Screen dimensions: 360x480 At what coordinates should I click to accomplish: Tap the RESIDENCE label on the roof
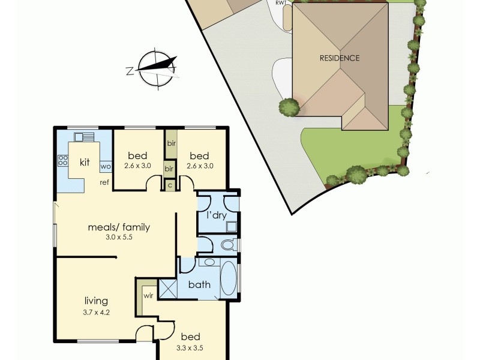click(339, 58)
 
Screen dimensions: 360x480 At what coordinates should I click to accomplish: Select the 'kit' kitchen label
click(85, 163)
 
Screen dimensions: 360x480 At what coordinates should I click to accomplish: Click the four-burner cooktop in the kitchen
click(62, 160)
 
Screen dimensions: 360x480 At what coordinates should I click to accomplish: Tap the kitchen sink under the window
click(83, 137)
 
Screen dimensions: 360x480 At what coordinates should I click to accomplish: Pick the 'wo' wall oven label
click(105, 166)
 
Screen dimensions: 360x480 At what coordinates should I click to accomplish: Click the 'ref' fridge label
click(104, 182)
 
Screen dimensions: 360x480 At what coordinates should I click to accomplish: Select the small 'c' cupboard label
click(170, 185)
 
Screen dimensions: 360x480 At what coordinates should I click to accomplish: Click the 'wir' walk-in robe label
click(148, 296)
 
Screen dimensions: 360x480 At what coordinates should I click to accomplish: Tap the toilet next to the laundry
click(229, 245)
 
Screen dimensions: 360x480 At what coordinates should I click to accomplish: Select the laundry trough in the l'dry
click(231, 226)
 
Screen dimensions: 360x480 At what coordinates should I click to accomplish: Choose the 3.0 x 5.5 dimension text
click(118, 238)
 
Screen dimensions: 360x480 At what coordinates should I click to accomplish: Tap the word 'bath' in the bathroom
click(199, 284)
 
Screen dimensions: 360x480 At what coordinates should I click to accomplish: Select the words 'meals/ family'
click(118, 227)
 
